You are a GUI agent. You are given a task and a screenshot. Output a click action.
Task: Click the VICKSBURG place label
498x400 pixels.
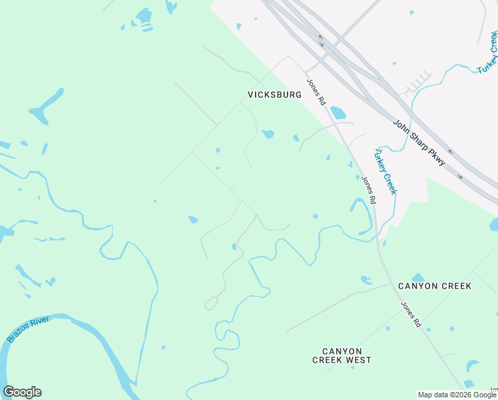(274, 95)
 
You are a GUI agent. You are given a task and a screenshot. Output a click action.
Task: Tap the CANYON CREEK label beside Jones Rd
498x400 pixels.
(434, 286)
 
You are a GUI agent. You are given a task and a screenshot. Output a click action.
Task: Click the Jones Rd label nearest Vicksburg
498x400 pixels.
(316, 92)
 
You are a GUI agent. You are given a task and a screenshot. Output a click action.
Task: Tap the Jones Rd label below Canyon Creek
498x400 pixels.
(411, 314)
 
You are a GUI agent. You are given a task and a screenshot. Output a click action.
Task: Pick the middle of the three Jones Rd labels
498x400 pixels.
(369, 189)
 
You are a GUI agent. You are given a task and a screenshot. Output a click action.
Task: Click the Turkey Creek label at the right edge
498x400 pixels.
(487, 53)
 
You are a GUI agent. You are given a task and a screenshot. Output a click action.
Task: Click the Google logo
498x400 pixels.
(22, 392)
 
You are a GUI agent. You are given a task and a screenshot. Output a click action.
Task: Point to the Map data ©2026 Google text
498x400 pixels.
(457, 395)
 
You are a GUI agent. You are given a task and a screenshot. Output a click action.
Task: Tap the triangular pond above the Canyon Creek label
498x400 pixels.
(418, 277)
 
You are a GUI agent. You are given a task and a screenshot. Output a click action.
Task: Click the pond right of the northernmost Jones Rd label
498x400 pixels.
(338, 112)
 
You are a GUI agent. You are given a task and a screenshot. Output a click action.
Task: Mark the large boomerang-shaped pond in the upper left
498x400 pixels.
(45, 107)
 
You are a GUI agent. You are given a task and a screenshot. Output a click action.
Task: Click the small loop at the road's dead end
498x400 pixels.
(211, 304)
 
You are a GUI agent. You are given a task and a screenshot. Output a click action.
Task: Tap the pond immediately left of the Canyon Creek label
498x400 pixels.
(366, 280)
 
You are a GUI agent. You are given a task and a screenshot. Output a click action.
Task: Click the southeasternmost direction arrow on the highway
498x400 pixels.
(460, 177)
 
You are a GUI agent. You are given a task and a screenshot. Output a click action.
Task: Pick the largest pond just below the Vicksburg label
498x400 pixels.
(268, 134)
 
